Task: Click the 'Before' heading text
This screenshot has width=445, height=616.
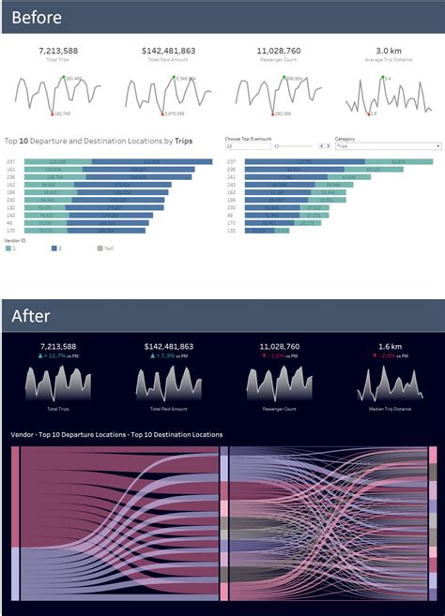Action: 38,18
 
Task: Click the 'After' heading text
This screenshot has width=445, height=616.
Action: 31,316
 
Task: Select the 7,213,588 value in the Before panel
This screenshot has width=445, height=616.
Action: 57,51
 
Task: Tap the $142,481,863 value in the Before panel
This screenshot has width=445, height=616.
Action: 169,51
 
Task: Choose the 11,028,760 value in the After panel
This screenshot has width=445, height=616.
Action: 279,346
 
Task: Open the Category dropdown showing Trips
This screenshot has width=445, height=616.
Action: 387,146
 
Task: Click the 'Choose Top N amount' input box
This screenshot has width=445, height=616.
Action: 246,146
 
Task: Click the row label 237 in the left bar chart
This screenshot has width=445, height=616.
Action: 10,162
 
